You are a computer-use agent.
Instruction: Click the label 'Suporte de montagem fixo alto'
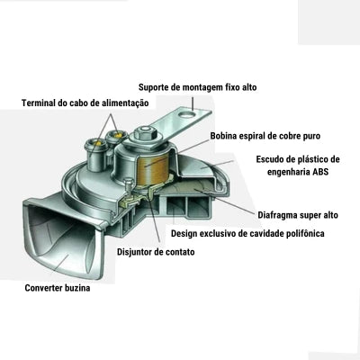tap(198, 87)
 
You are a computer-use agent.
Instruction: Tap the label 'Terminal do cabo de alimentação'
tap(85, 103)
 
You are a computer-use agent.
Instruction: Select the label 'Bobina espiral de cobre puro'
tap(265, 136)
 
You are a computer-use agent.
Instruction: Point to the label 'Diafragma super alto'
tap(298, 215)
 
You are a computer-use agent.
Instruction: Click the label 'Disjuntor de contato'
tap(156, 252)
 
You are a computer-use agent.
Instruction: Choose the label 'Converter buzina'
tap(58, 288)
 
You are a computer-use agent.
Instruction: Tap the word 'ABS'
tap(320, 172)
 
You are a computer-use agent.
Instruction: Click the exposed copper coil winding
tap(151, 170)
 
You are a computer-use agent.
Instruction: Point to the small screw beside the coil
tap(129, 185)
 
